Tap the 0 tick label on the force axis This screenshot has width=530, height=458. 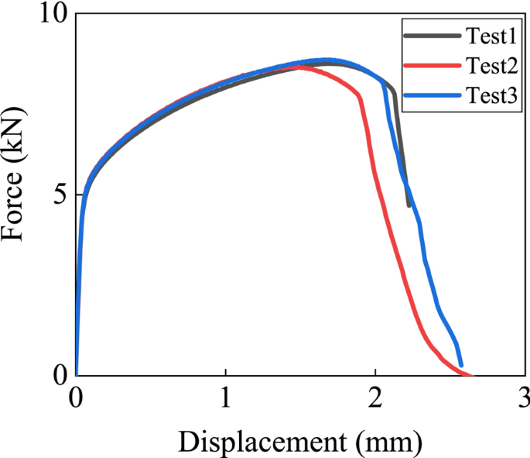pyautogui.click(x=59, y=375)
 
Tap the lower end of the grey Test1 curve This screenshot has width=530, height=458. pyautogui.click(x=409, y=205)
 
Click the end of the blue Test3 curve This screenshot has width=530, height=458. pyautogui.click(x=461, y=364)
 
